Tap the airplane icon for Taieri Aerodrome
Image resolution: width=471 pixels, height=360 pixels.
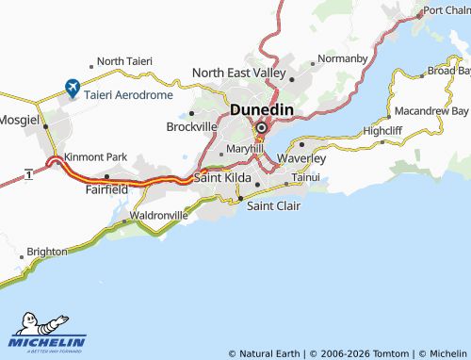click(x=72, y=88)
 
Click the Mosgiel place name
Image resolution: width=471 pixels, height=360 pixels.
click(x=20, y=123)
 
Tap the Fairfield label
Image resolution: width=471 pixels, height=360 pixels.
click(x=106, y=188)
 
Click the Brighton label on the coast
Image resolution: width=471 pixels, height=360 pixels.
click(x=47, y=252)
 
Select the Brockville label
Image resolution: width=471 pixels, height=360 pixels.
click(x=191, y=126)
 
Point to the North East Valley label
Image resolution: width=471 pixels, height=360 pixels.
click(x=238, y=73)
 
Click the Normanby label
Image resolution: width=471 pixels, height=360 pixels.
click(x=343, y=58)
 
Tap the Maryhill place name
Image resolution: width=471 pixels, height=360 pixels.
click(x=244, y=149)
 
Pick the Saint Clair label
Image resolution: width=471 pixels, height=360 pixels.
click(x=273, y=205)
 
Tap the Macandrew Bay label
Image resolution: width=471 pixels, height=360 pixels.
click(x=432, y=110)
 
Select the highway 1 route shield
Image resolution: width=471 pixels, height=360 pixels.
click(x=30, y=175)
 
